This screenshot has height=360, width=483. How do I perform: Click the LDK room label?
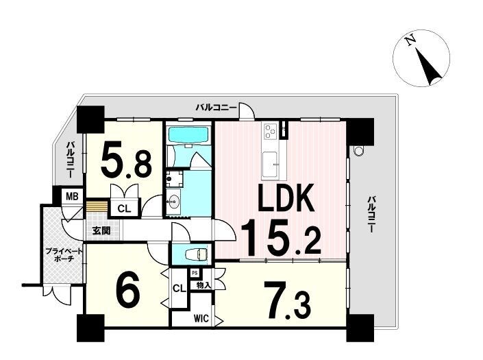[x=286, y=197]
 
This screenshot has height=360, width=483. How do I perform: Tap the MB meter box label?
[x=72, y=196]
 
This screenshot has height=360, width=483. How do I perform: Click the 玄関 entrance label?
[x=101, y=231]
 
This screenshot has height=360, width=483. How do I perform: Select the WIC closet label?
[x=201, y=318]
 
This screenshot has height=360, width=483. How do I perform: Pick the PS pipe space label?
[x=195, y=273]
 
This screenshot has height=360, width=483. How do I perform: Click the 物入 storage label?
[x=203, y=285]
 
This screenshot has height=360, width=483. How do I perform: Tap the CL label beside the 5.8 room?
[x=125, y=209]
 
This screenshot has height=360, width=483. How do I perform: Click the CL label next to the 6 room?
[x=179, y=289]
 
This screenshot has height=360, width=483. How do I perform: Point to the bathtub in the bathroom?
[x=189, y=135]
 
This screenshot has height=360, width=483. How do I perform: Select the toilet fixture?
[x=199, y=254]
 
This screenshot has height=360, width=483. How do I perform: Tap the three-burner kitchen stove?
[x=270, y=130]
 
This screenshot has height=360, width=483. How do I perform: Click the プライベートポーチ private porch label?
[x=64, y=255]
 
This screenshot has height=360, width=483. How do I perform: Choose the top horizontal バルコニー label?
[x=216, y=108]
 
